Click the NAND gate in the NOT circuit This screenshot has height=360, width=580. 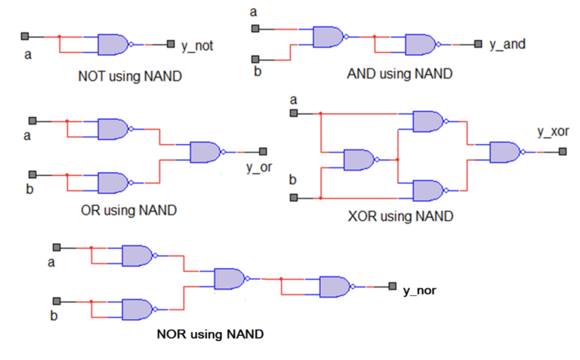click(x=113, y=45)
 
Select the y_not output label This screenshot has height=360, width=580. click(x=197, y=46)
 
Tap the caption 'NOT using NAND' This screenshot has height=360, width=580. click(x=130, y=76)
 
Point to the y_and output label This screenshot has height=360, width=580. click(x=507, y=45)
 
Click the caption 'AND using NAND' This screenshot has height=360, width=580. click(x=400, y=74)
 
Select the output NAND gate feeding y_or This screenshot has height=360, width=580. click(x=205, y=152)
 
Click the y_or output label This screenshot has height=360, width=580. click(x=258, y=168)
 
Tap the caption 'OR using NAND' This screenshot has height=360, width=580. click(x=128, y=210)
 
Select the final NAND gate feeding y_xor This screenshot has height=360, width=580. click(x=505, y=152)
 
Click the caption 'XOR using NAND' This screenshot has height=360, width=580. click(x=400, y=217)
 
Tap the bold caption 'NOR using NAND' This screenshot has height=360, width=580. click(x=210, y=334)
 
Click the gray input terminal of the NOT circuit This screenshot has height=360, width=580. click(x=25, y=36)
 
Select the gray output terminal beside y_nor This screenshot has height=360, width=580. click(x=392, y=286)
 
